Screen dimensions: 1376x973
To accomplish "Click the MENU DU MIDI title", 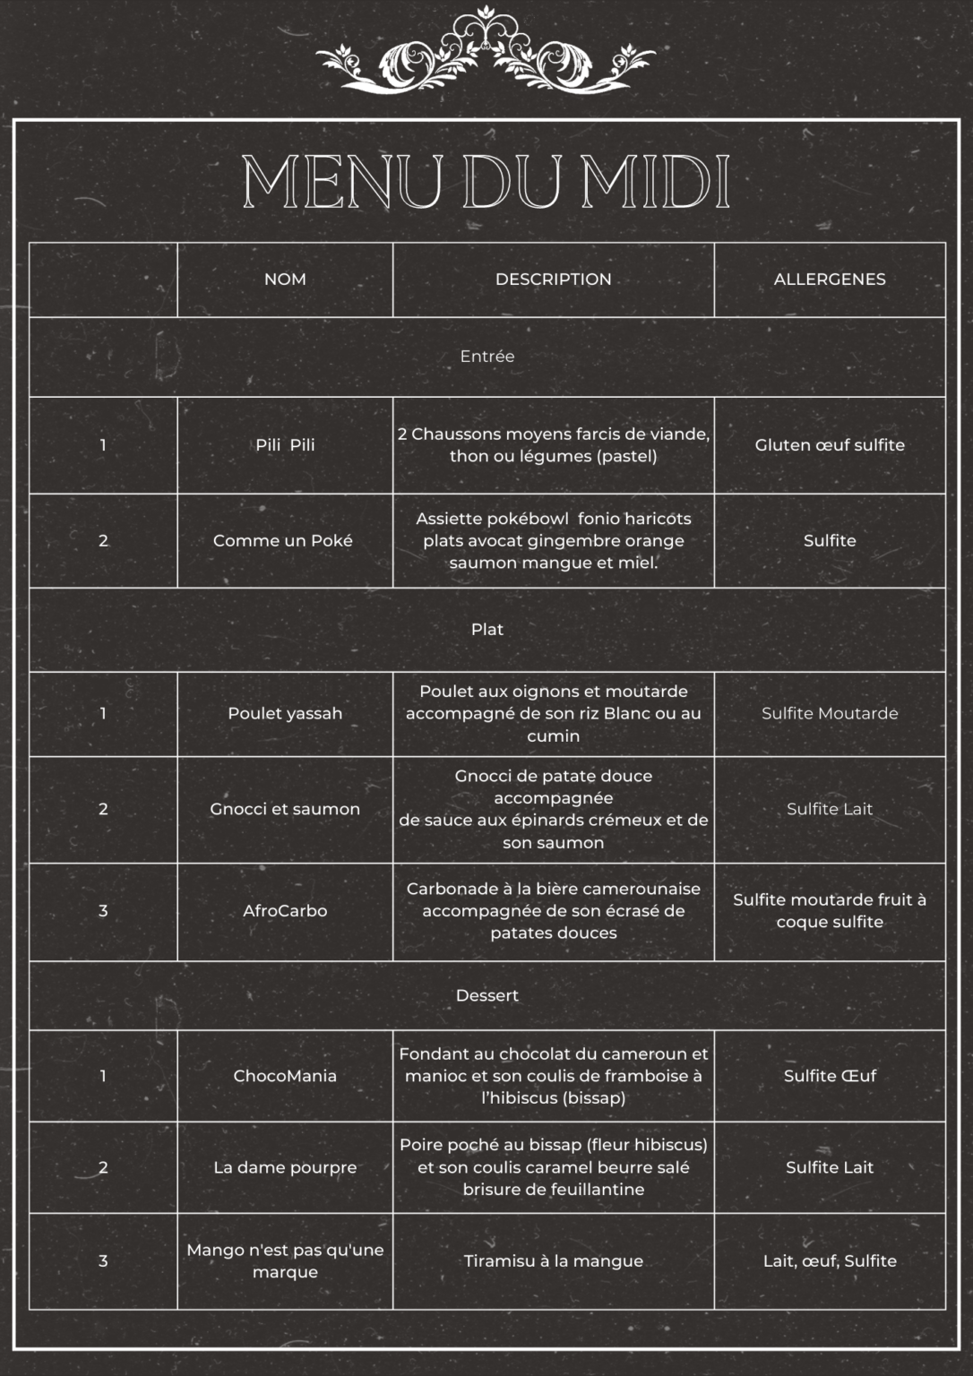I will point(486,183).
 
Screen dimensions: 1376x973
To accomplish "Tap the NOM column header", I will point(285,279).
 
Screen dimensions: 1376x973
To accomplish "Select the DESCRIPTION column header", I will point(553,279).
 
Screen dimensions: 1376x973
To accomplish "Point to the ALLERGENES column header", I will point(830,279).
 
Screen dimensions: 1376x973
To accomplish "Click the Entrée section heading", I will point(486,357).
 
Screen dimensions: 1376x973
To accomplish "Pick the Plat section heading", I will point(486,630).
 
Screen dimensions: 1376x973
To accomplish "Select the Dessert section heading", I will point(486,995).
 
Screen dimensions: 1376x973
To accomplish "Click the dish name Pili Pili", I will point(285,445).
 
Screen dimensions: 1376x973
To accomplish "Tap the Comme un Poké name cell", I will point(283,541).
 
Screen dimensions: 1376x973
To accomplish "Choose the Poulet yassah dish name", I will point(285,714).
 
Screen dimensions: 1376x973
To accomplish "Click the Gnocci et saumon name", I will point(285,809).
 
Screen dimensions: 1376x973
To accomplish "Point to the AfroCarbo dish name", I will point(285,911).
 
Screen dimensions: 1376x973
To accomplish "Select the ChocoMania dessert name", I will point(285,1076).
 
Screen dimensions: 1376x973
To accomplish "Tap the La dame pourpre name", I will point(285,1167).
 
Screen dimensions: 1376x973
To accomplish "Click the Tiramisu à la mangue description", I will point(553,1261).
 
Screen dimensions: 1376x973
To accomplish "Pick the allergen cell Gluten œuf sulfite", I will point(830,445).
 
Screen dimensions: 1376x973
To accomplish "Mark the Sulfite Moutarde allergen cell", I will point(830,714).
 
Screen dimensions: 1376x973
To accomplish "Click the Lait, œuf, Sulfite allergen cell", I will point(830,1261).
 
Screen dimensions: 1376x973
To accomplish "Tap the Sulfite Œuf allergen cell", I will point(830,1076).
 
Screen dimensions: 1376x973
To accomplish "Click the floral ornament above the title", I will point(486,51).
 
